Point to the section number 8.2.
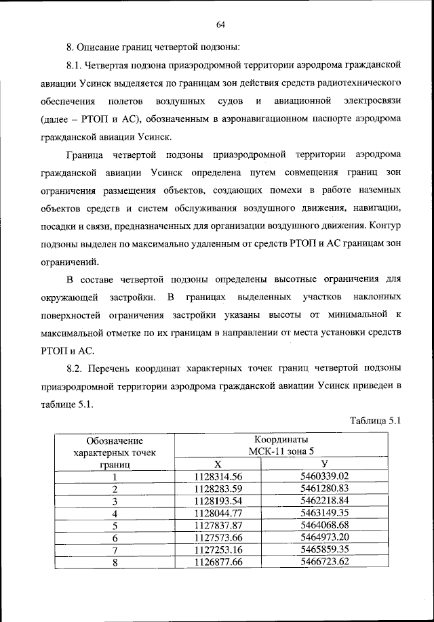76,368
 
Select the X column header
218,464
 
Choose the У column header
324,464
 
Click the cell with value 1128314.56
218,476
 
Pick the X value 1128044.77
218,513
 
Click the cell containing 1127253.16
218,550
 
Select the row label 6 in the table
115,537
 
